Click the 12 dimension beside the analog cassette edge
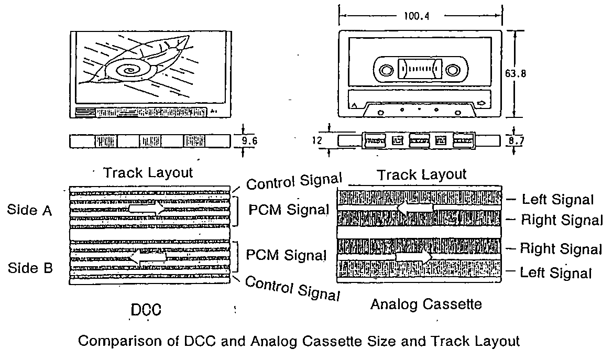coord(316,140)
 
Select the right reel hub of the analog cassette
coord(453,70)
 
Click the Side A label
coord(30,210)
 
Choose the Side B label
coord(30,268)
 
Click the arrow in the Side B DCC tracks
coord(148,258)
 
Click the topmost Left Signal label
coord(557,199)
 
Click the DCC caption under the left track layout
coord(146,311)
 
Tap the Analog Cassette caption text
coord(425,304)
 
